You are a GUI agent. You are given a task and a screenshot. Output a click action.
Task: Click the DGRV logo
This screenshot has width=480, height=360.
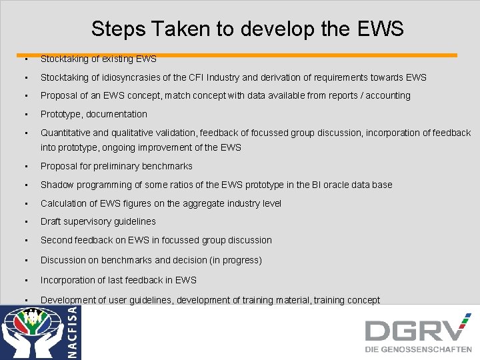click(417, 330)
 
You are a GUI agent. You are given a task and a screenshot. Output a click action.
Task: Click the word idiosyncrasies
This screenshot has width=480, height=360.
click(139, 77)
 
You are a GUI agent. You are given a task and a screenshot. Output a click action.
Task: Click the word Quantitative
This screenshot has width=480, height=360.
click(66, 133)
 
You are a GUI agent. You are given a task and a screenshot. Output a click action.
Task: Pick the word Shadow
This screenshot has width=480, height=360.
click(56, 185)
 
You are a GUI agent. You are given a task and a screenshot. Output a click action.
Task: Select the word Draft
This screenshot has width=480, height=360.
click(51, 221)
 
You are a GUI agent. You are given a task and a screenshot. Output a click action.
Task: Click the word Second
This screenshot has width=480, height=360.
click(57, 240)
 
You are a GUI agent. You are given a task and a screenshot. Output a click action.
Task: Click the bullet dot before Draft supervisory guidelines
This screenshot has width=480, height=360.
click(25, 221)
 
